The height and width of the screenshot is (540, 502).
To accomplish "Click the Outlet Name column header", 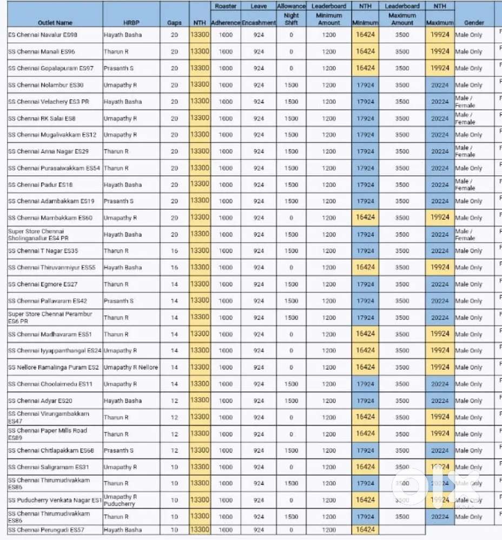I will [55, 23].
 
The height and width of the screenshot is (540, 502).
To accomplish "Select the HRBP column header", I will [117, 23].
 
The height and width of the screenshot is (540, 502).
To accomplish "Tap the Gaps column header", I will [174, 23].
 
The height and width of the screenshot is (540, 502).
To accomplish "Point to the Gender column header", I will [470, 23].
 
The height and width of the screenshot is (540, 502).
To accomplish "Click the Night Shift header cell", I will [291, 19].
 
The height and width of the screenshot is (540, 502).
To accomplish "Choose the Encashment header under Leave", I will [259, 23].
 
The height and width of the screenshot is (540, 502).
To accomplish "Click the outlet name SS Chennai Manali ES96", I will [42, 52].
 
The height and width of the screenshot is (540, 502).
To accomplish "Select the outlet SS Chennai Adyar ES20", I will [40, 401].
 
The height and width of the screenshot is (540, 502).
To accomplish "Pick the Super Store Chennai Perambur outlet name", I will [50, 317].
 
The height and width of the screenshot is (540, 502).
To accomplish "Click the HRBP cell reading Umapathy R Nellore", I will [131, 368].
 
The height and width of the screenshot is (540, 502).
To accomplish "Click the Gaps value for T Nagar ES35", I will [174, 251].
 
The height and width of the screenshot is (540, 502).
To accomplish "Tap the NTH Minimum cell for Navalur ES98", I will [365, 35].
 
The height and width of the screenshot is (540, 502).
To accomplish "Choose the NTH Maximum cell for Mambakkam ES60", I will [440, 217].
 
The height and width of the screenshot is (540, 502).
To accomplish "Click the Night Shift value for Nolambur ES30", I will [291, 85].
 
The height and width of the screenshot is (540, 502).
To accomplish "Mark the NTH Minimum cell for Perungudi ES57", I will [365, 530].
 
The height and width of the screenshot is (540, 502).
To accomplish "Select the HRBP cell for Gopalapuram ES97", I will [118, 69].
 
